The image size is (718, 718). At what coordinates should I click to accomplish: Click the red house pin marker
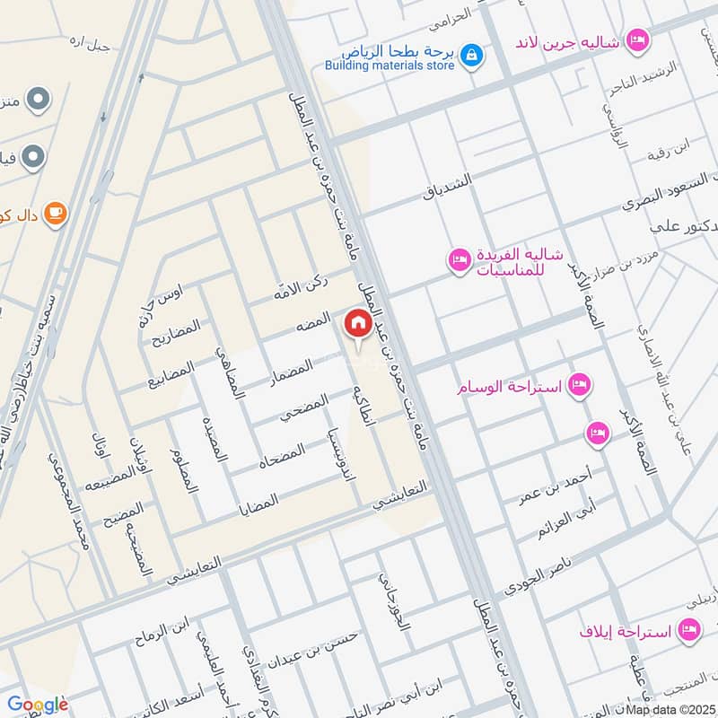coord(357,324)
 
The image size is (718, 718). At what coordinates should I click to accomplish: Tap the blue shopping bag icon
coord(470,57)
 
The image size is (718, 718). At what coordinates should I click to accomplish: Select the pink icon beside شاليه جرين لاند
coord(638,39)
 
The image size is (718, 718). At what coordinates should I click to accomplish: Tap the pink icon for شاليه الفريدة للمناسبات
coord(459,260)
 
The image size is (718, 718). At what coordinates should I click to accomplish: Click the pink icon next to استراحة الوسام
coord(580,385)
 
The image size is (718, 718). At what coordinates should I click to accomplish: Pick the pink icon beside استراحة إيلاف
coord(690,631)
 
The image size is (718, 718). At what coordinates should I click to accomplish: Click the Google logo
coord(38,705)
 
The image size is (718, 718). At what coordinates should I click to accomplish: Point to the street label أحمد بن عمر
coord(556,484)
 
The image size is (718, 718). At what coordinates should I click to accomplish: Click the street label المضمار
coord(292,373)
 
